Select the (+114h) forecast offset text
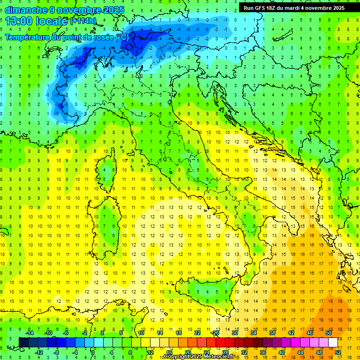83,21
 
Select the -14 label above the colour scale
29,332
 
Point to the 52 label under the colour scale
338,352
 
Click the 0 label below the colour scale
92,352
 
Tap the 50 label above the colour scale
329,332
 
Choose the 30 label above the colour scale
234,332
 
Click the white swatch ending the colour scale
333,342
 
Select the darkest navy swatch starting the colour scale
23,342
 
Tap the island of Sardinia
109,225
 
